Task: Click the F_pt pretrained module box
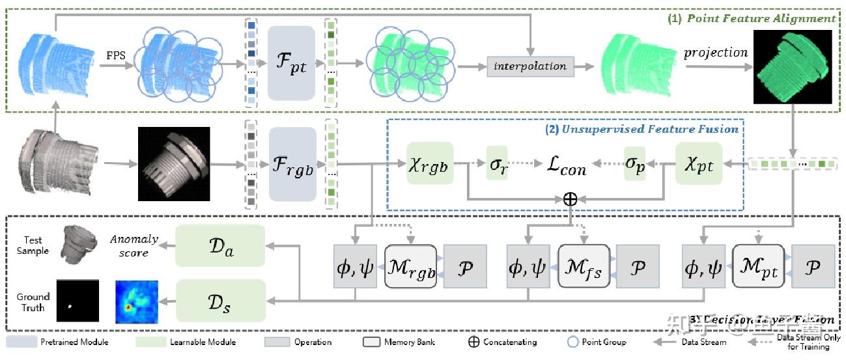pyautogui.click(x=291, y=63)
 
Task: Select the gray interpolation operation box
pyautogui.click(x=529, y=66)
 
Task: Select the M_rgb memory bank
pyautogui.click(x=410, y=266)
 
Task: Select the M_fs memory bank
pyautogui.click(x=583, y=266)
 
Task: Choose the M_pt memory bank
pyautogui.click(x=758, y=266)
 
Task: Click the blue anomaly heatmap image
pyautogui.click(x=136, y=301)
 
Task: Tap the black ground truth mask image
pyautogui.click(x=78, y=301)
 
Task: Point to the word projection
pyautogui.click(x=715, y=52)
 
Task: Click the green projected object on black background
pyautogui.click(x=793, y=67)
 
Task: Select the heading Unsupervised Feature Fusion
pyautogui.click(x=642, y=129)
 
